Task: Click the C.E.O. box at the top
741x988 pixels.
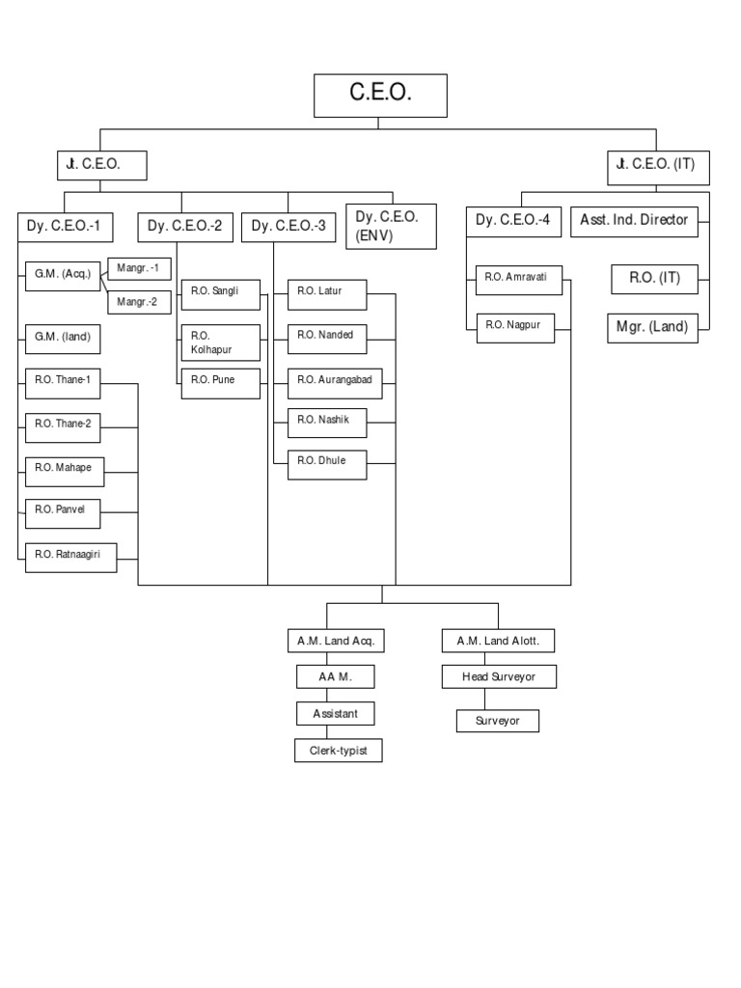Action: tap(380, 95)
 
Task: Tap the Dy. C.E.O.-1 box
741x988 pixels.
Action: tap(65, 228)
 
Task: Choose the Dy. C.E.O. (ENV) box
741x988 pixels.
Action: tap(390, 226)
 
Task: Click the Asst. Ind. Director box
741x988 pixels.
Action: tap(633, 220)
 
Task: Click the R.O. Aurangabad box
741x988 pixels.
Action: tap(334, 381)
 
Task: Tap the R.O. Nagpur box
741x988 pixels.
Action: tap(518, 326)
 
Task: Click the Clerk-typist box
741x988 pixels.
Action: tap(338, 751)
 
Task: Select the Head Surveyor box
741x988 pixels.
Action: tap(497, 677)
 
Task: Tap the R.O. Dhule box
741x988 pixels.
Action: tap(327, 462)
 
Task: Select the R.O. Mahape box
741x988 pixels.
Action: tap(65, 468)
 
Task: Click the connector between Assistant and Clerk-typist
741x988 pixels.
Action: tap(336, 732)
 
